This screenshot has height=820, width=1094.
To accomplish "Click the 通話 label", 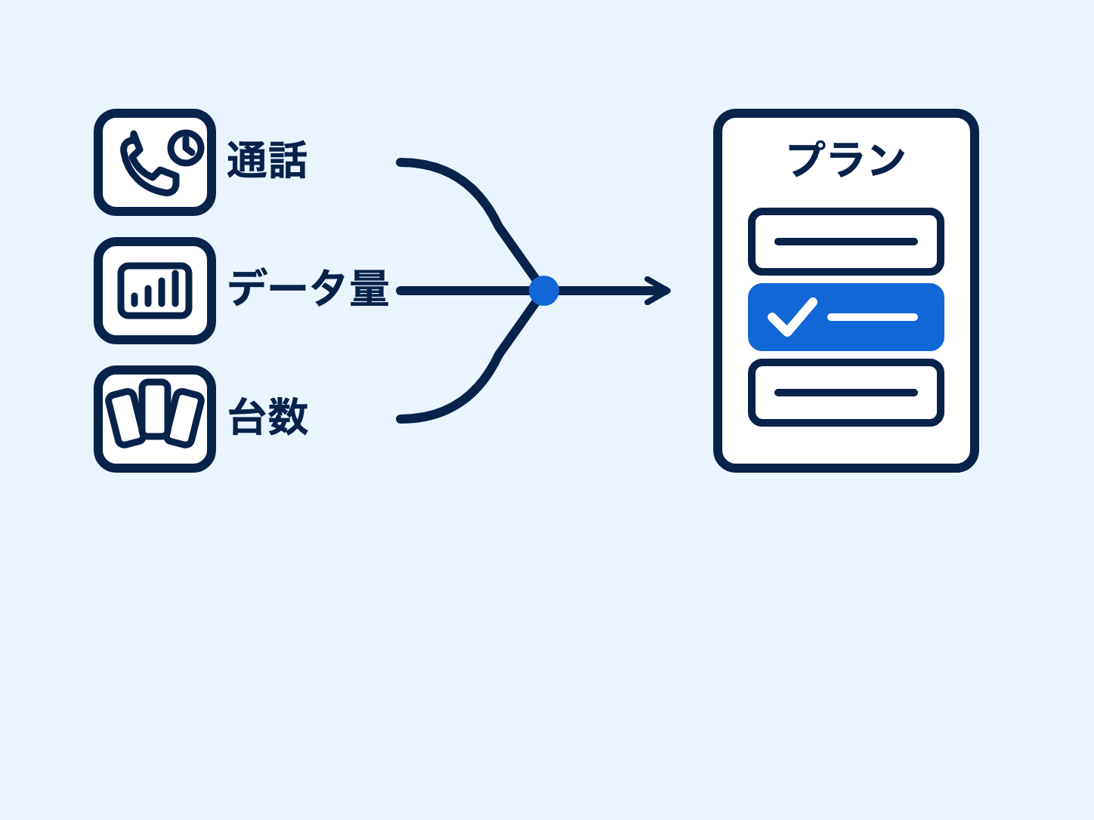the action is tap(267, 160).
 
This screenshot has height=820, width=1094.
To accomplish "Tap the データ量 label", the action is tap(308, 288).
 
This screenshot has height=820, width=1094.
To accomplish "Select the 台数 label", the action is tap(268, 417).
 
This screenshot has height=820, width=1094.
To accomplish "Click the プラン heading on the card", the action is tap(845, 159).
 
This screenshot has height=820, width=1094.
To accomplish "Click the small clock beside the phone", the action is tap(186, 148).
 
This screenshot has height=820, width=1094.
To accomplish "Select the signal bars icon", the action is tap(155, 291).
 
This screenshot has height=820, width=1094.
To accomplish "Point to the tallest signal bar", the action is tap(175, 288).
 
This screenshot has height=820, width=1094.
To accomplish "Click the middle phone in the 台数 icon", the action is tap(155, 409).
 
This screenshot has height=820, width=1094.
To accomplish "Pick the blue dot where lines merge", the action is tap(544, 291).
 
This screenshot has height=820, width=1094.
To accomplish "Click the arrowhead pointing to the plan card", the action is tap(658, 291).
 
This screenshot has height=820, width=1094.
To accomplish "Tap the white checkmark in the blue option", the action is tap(793, 317).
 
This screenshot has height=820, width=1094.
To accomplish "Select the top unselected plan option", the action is tap(845, 242).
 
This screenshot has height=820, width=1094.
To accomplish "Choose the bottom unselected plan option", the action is tap(845, 393).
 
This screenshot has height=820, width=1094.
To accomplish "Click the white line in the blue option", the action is tap(872, 318).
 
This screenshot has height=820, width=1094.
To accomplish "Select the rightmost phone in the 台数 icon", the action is tap(184, 418).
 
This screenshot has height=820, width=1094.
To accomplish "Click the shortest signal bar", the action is tap(134, 300).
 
